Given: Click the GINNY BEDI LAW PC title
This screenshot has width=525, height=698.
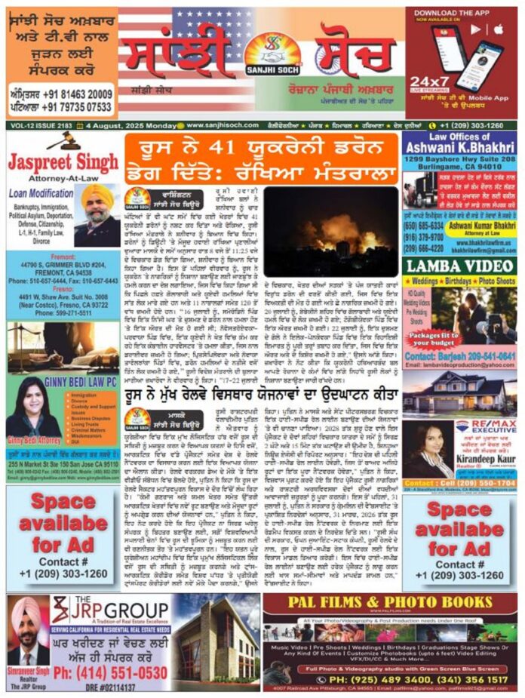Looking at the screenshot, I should pyautogui.click(x=81, y=382).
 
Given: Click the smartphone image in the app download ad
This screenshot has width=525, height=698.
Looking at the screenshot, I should pyautogui.click(x=480, y=62).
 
